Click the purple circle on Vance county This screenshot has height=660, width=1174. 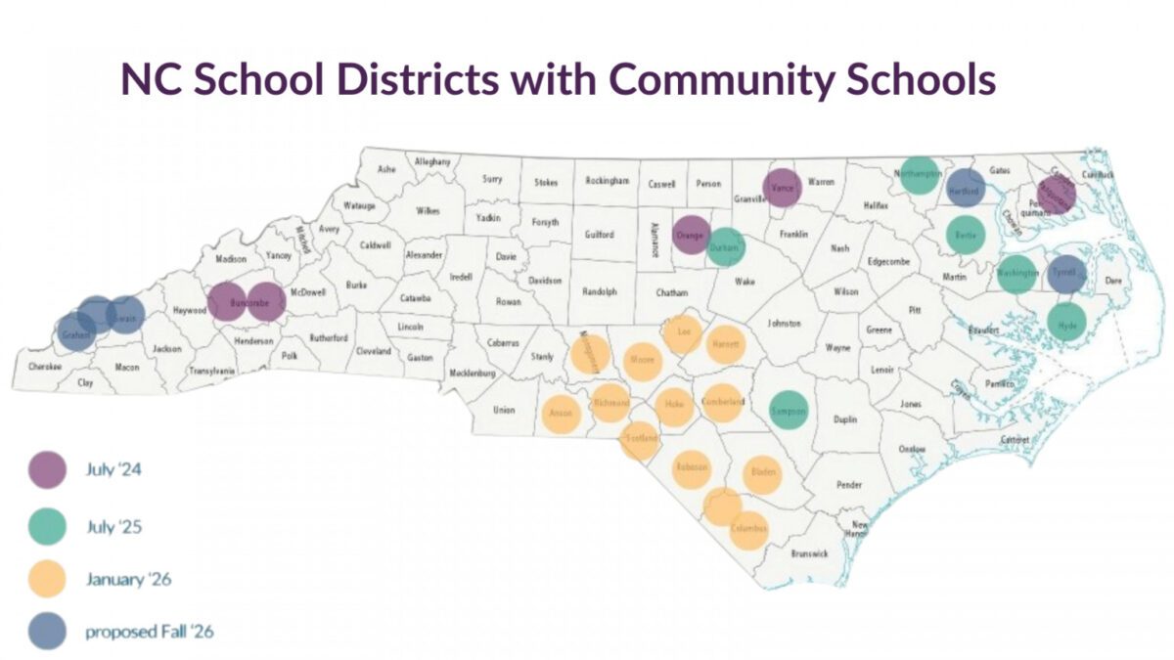point(782,187)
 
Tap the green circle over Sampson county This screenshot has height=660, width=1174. point(789,411)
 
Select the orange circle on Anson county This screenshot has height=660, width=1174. point(562,414)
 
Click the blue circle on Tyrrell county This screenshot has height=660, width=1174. point(1066,275)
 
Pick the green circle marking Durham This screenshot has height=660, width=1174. point(725,247)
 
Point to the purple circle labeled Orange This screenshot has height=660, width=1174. point(692,235)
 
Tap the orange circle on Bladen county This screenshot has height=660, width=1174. point(762,473)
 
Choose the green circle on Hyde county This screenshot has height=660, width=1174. point(1067,322)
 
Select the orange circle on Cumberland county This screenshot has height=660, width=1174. point(723,402)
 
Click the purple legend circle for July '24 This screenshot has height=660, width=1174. point(47,469)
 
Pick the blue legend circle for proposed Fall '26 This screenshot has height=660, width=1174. point(47,631)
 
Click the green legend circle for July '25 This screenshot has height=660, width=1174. point(47,527)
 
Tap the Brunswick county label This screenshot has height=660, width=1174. point(809,553)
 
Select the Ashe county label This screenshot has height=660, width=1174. point(386,169)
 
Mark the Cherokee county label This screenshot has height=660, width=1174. point(44,367)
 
